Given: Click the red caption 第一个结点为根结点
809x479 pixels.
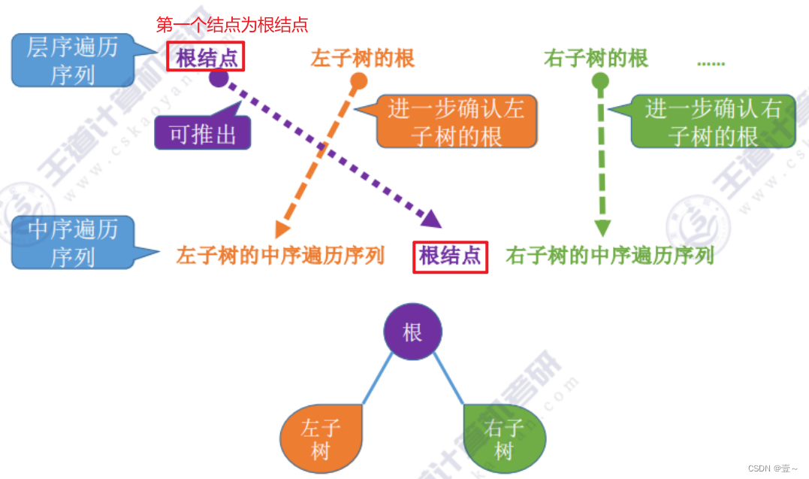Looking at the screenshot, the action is pos(231,25).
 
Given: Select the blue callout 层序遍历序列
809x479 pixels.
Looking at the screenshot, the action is pos(72,60).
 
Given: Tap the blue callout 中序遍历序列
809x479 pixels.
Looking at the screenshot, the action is pos(72,242).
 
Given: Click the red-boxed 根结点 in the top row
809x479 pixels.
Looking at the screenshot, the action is pos(206,58).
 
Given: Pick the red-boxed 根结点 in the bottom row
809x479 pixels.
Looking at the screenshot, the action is pos(450,256).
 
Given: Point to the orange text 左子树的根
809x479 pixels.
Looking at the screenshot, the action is pos(362,58).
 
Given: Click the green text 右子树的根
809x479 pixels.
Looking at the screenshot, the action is pos(596,58).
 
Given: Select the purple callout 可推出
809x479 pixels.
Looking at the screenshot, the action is pos(202,135).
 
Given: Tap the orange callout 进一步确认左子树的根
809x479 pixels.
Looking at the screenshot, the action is pos(456,121).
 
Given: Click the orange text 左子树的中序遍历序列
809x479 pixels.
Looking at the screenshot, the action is pos(280,256).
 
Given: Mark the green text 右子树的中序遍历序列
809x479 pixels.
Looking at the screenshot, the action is pos(609,256).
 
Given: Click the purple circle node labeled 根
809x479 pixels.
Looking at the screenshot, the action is pos(412,332).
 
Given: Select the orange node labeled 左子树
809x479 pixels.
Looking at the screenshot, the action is pos(321,439).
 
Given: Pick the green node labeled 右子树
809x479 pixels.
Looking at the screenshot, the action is pos(504,439).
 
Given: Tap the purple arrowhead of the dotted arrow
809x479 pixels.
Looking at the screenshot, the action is pos(431,219).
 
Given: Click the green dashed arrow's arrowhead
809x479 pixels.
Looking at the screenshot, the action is pos(602,228).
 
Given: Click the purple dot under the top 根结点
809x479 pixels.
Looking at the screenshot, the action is pos(219,77).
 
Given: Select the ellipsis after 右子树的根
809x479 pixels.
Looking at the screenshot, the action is pos(710,62).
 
